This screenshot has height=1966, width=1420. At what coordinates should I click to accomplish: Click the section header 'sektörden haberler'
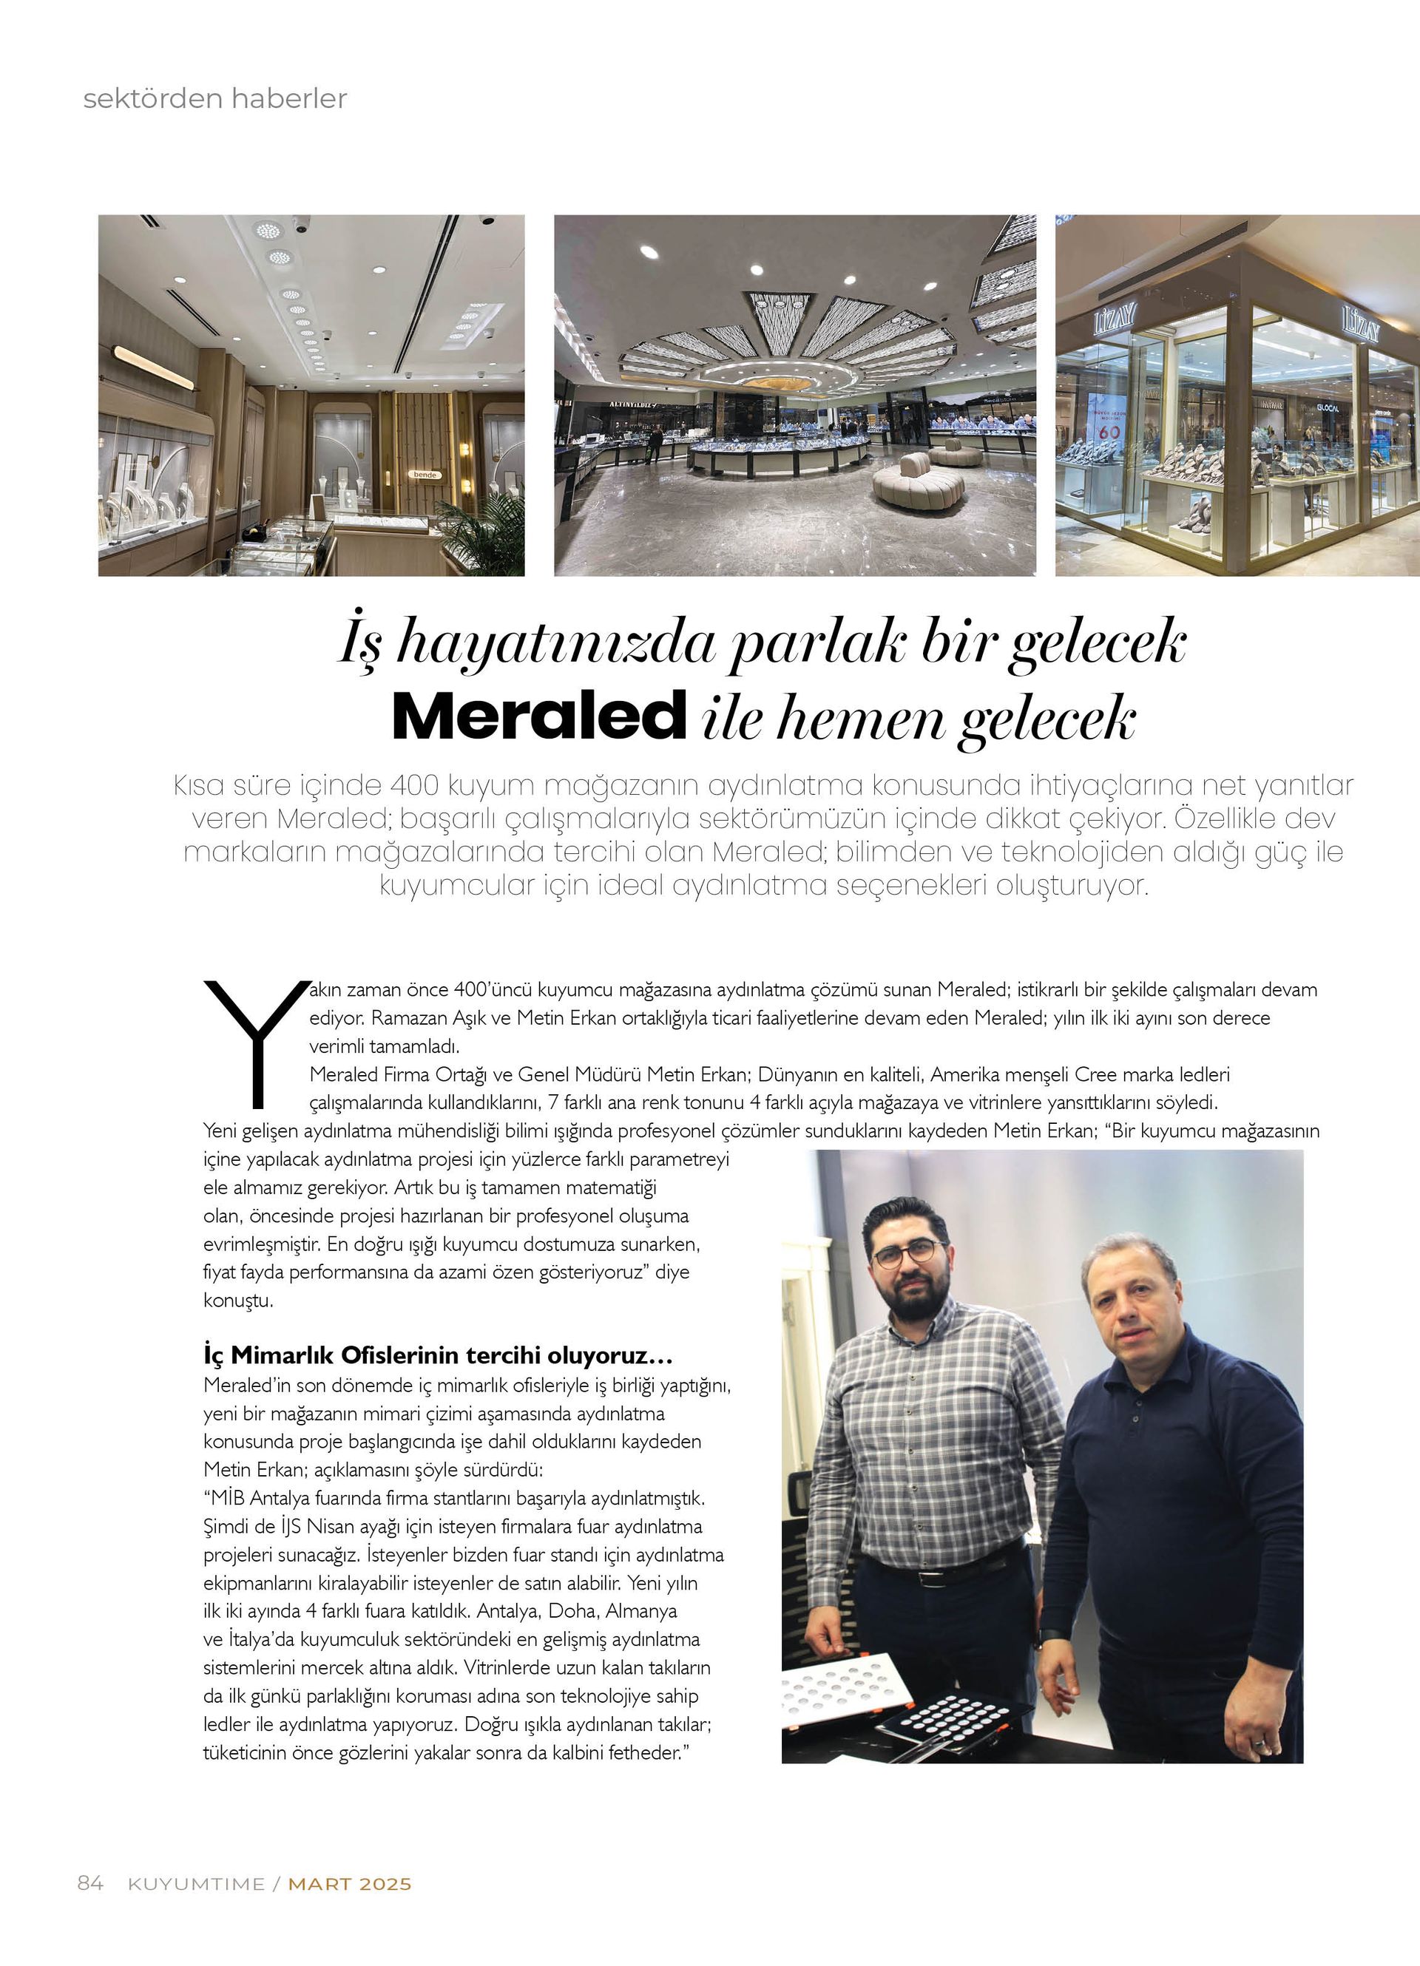(x=215, y=98)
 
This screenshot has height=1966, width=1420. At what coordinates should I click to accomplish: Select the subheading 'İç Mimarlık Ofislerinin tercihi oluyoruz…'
(x=439, y=1353)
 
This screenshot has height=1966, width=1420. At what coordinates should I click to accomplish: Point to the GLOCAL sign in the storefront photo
(x=1328, y=407)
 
